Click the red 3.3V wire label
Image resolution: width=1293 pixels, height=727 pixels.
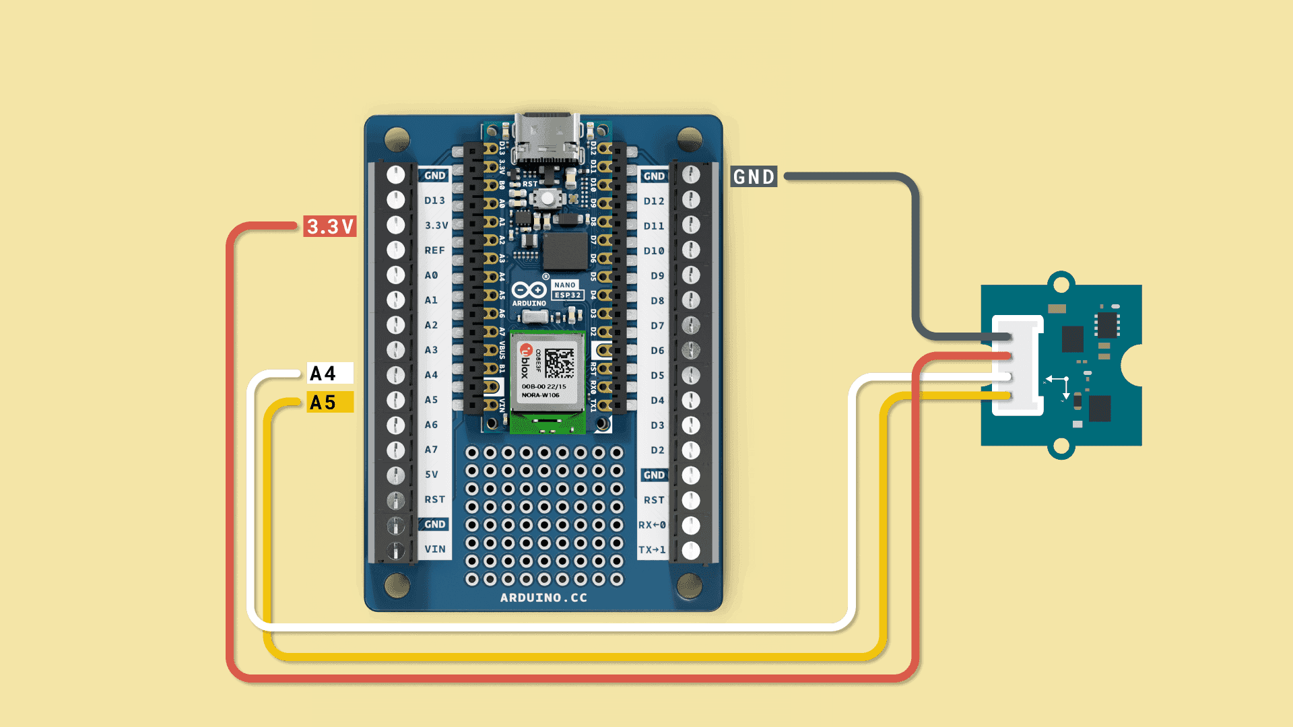pyautogui.click(x=329, y=226)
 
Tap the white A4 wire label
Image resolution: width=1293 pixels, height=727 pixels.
pyautogui.click(x=329, y=373)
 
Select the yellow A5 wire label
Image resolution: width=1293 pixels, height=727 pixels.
pyautogui.click(x=329, y=403)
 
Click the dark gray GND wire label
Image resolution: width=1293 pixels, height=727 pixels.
pyautogui.click(x=754, y=177)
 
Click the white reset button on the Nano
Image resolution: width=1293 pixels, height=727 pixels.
pyautogui.click(x=548, y=198)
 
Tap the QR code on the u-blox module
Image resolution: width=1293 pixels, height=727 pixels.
pyautogui.click(x=560, y=363)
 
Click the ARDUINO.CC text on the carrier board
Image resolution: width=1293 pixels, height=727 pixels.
pyautogui.click(x=543, y=598)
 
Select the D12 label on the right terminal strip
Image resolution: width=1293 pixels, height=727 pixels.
pyautogui.click(x=653, y=201)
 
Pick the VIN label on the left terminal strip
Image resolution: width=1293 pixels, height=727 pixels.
pyautogui.click(x=434, y=549)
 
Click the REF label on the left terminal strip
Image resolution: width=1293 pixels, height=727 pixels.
pyautogui.click(x=434, y=250)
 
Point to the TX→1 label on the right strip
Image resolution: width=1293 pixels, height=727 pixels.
pyautogui.click(x=652, y=550)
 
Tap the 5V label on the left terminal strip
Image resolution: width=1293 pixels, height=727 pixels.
pyautogui.click(x=432, y=475)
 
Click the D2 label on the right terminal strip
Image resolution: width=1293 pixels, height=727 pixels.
pyautogui.click(x=657, y=450)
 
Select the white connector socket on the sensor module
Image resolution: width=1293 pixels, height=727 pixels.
pyautogui.click(x=1018, y=366)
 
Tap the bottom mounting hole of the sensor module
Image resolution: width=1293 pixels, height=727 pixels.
pyautogui.click(x=1061, y=446)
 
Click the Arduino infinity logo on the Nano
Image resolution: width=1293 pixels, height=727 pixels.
pyautogui.click(x=529, y=290)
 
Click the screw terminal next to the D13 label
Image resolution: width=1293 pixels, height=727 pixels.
pyautogui.click(x=396, y=200)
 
